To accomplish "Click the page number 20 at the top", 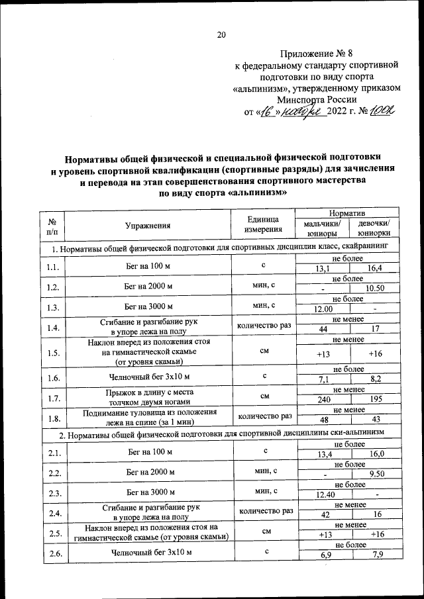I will coord(222,35).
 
